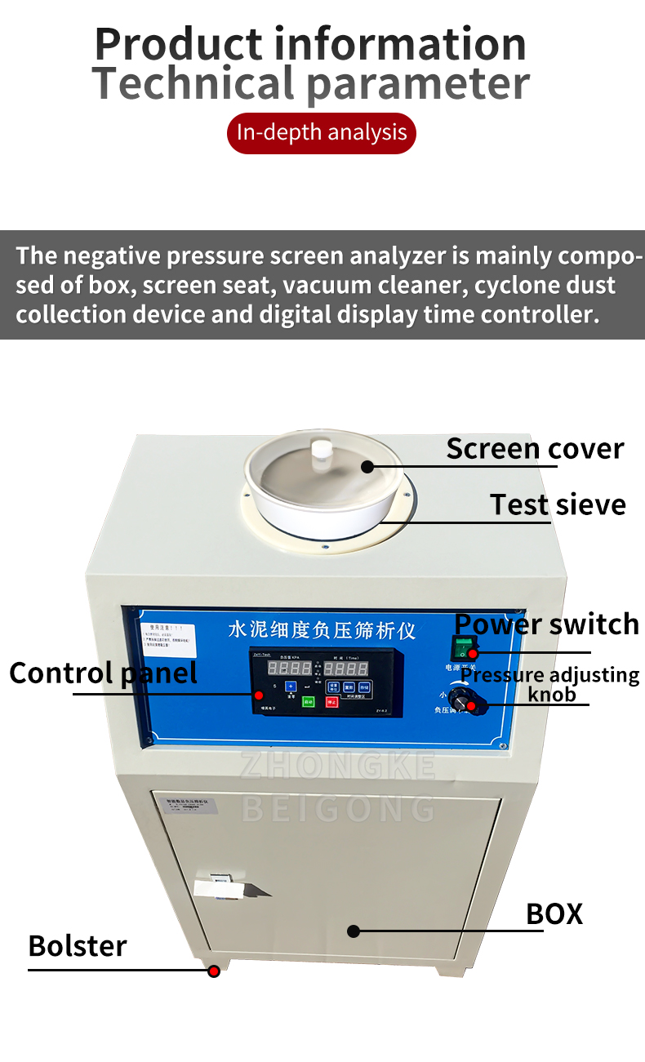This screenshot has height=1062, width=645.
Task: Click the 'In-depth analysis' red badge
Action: click(x=322, y=132)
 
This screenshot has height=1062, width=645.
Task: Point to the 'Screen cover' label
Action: click(x=535, y=448)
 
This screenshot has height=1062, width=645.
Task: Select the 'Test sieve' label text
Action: click(x=558, y=504)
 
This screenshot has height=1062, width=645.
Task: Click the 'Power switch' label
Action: click(x=546, y=624)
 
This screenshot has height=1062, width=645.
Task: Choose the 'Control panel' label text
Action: click(x=103, y=673)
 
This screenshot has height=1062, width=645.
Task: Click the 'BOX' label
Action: click(x=554, y=913)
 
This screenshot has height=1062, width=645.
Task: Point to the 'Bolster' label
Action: click(x=78, y=946)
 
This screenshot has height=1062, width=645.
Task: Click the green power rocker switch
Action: click(x=465, y=650)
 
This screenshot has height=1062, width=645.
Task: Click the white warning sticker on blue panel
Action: click(x=167, y=636)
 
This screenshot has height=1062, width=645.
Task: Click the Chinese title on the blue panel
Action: click(x=322, y=630)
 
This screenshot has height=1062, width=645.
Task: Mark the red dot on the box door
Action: click(x=354, y=931)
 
